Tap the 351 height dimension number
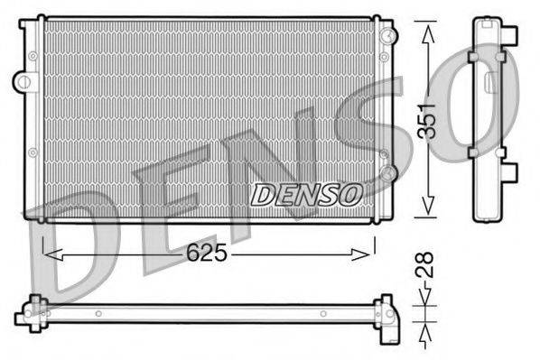pos(432,118)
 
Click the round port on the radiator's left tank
pos(21,81)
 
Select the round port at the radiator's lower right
pos(387,171)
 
